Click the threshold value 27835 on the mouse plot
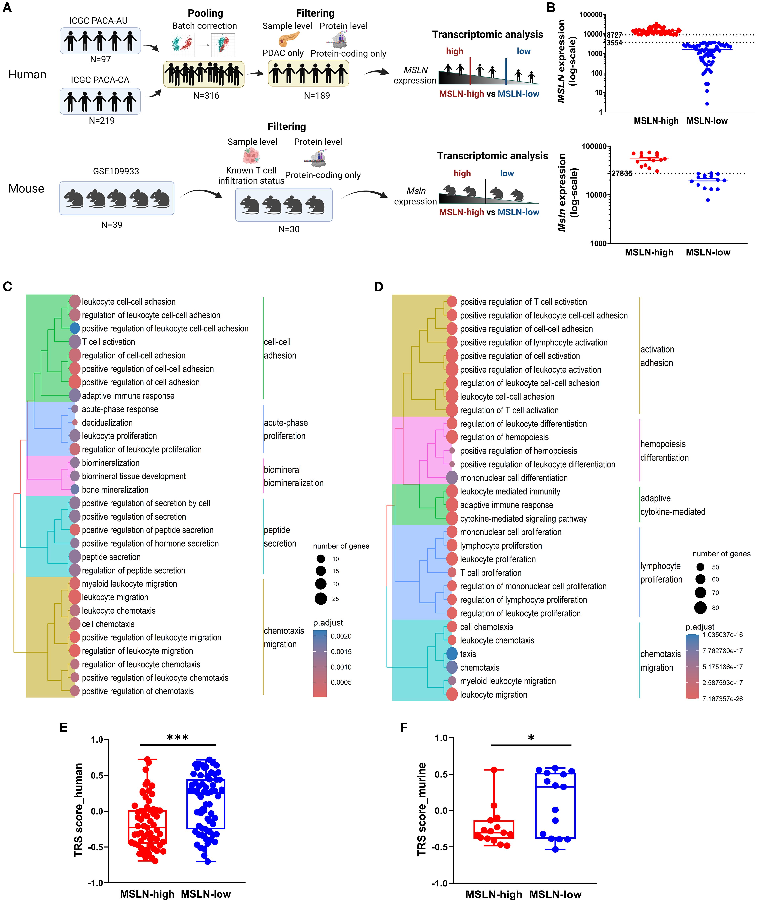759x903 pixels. coord(622,173)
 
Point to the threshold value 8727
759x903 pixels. coord(615,35)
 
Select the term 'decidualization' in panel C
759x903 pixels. coord(107,423)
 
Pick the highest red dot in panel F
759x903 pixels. coord(494,770)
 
